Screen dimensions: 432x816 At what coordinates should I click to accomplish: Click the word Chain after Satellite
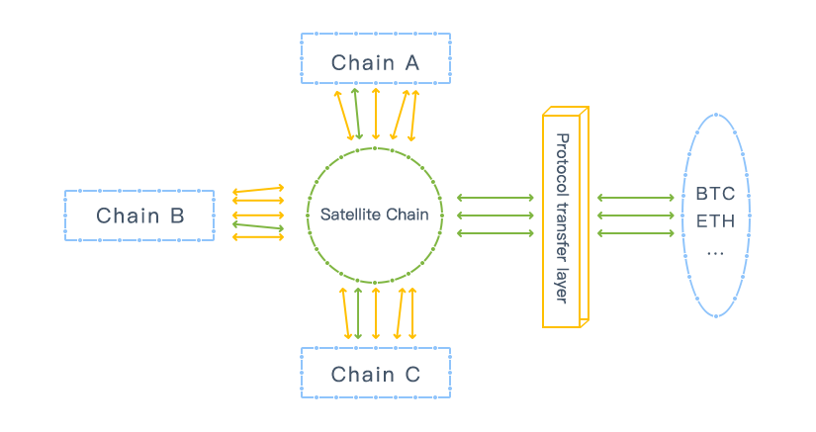pos(408,215)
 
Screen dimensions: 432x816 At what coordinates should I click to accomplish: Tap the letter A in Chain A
pos(409,63)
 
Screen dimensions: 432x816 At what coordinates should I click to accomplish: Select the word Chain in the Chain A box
pos(362,63)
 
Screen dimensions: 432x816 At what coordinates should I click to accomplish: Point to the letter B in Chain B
pos(174,216)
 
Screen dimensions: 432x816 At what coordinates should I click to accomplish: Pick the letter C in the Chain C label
pos(411,375)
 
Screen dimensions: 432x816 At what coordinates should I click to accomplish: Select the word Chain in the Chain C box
pos(362,375)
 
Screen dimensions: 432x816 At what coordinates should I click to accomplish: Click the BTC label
pos(715,194)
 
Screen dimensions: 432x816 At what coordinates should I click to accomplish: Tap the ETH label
pos(715,220)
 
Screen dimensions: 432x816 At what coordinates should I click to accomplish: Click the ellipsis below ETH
pos(715,250)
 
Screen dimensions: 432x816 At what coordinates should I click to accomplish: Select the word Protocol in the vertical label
pos(562,158)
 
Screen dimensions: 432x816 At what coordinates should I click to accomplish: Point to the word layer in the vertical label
pos(562,281)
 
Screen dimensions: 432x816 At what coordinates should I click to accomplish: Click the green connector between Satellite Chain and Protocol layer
pos(495,216)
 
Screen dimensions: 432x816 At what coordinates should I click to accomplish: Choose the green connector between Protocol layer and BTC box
pos(635,216)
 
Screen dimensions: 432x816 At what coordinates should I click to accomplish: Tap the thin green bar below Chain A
pos(357,111)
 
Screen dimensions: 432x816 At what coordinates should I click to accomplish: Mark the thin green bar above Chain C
pos(359,314)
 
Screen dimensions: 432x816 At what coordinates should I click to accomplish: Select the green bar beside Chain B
pos(258,226)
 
